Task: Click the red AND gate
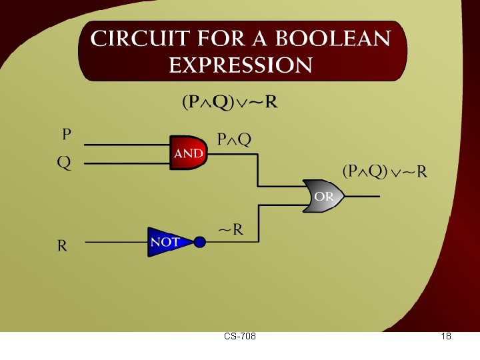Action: (188, 153)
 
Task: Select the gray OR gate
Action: (323, 197)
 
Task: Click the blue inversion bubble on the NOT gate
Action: (199, 242)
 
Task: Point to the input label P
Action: (67, 135)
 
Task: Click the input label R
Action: (62, 245)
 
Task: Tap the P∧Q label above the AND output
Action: (235, 139)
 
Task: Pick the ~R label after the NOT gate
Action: (231, 231)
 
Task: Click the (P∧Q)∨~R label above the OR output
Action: (385, 171)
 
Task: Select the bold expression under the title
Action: (230, 103)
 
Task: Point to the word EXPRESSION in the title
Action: (241, 65)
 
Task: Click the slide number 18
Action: (446, 337)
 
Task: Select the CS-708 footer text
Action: (240, 337)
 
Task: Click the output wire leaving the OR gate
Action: (363, 197)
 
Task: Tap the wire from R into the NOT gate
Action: (117, 242)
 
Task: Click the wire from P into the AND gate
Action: (127, 145)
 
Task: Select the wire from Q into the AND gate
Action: (127, 162)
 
